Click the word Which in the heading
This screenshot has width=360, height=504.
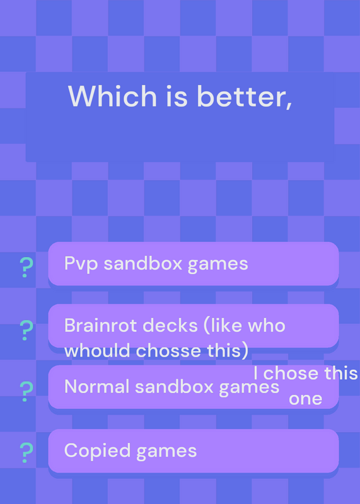pyautogui.click(x=112, y=96)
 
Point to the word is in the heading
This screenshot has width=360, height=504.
pyautogui.click(x=177, y=96)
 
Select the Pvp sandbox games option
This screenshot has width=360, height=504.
pyautogui.click(x=194, y=263)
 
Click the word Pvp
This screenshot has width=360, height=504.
pyautogui.click(x=81, y=264)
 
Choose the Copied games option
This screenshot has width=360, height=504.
pyautogui.click(x=194, y=450)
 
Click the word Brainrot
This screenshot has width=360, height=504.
pyautogui.click(x=99, y=325)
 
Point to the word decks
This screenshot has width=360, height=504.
pyautogui.click(x=170, y=325)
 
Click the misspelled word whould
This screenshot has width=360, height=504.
pyautogui.click(x=97, y=350)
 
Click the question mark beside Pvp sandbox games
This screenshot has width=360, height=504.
pyautogui.click(x=26, y=267)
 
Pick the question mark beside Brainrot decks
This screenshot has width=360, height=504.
pyautogui.click(x=26, y=330)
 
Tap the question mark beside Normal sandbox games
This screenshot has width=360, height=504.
pyautogui.click(x=26, y=391)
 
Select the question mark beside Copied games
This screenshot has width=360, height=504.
pyautogui.click(x=26, y=452)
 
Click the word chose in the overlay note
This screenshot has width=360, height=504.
pyautogui.click(x=291, y=373)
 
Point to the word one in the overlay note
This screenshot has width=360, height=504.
pyautogui.click(x=306, y=399)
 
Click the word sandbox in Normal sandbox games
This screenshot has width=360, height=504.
pyautogui.click(x=175, y=386)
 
